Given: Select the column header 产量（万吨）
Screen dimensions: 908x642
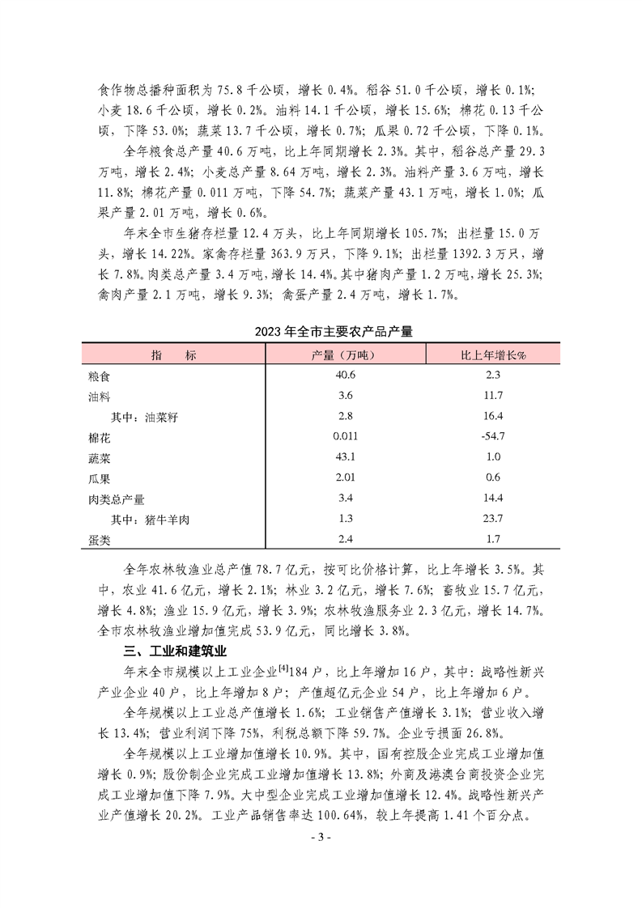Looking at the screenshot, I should coord(344,355).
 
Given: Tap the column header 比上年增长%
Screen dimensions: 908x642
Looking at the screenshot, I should coord(492,355).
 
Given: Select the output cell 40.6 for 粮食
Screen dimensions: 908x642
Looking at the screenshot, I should coord(344,376).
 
